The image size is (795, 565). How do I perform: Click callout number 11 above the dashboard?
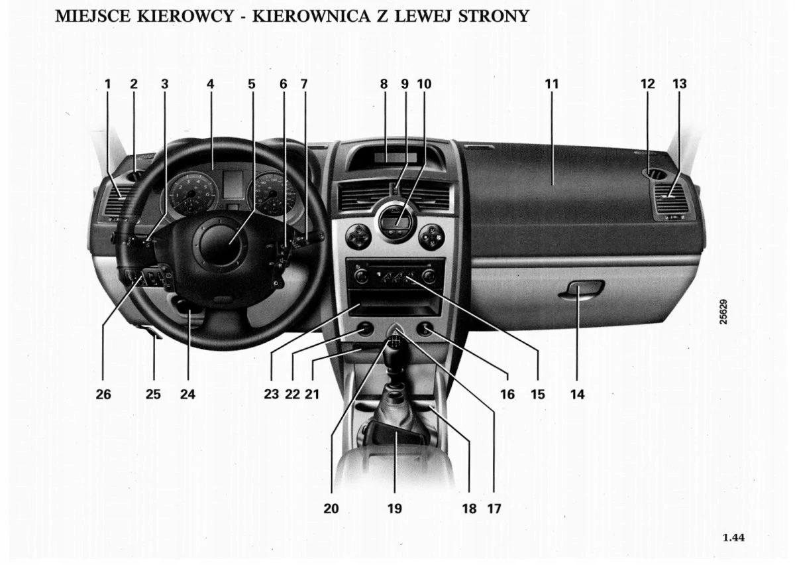pyautogui.click(x=552, y=84)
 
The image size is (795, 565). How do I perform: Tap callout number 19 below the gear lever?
pyautogui.click(x=394, y=509)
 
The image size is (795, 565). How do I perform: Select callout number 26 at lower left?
pyautogui.click(x=103, y=394)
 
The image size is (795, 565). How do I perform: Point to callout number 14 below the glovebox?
pyautogui.click(x=577, y=394)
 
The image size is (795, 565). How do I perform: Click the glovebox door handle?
pyautogui.click(x=581, y=289)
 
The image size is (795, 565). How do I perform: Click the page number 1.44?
pyautogui.click(x=733, y=537)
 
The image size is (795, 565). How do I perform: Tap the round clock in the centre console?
pyautogui.click(x=394, y=220)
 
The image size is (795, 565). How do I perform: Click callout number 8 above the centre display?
pyautogui.click(x=384, y=84)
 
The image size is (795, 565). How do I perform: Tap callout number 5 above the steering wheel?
pyautogui.click(x=252, y=84)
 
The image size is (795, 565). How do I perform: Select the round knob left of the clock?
pyautogui.click(x=358, y=235)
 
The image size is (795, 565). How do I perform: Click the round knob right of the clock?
pyautogui.click(x=431, y=235)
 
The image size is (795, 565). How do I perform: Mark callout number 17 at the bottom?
pyautogui.click(x=494, y=509)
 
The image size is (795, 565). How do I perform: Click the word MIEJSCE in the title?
pyautogui.click(x=93, y=16)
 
